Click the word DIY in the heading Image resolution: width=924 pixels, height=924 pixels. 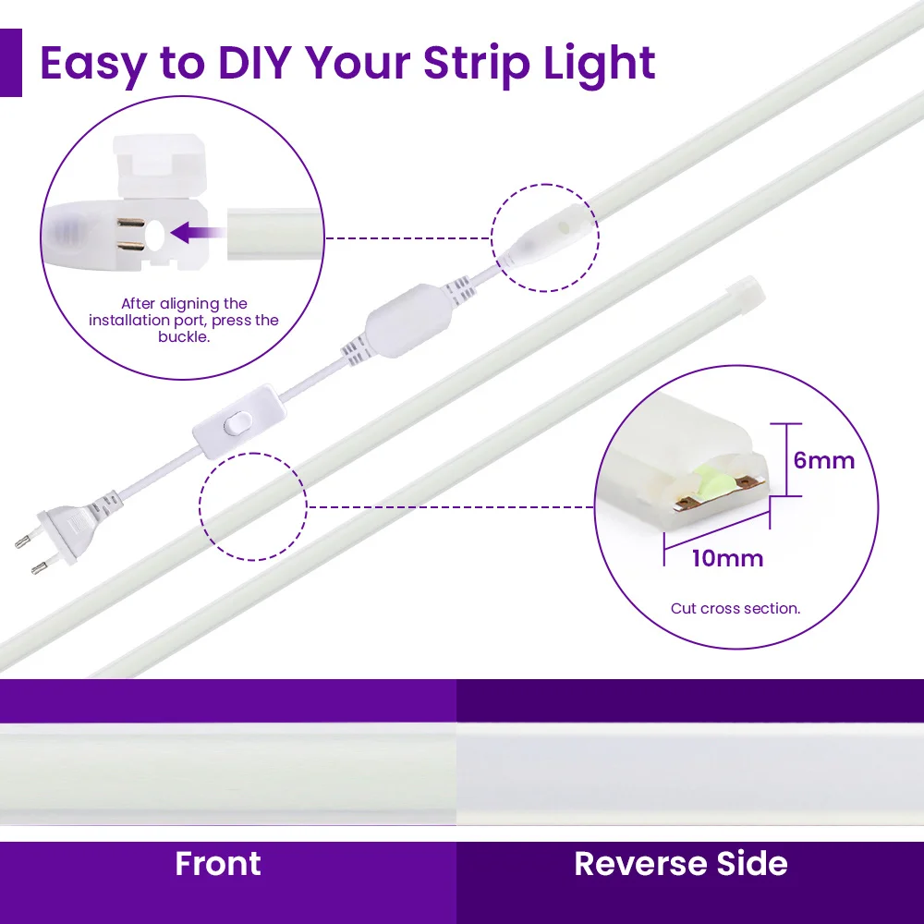[255, 63]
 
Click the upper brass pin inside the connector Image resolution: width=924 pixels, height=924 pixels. [131, 223]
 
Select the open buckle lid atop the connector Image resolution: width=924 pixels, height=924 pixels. [156, 166]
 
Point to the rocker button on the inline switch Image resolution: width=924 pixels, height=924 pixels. [237, 422]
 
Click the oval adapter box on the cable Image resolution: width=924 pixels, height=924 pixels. [408, 320]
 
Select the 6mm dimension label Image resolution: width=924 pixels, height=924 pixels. [824, 460]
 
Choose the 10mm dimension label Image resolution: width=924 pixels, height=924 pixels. [727, 558]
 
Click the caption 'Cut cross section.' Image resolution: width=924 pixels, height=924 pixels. [736, 608]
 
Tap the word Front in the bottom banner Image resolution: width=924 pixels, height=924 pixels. [218, 864]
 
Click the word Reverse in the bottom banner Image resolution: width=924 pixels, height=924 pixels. [641, 864]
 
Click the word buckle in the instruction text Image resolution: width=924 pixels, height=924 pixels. [183, 336]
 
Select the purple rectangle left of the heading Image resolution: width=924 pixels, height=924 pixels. [10, 63]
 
